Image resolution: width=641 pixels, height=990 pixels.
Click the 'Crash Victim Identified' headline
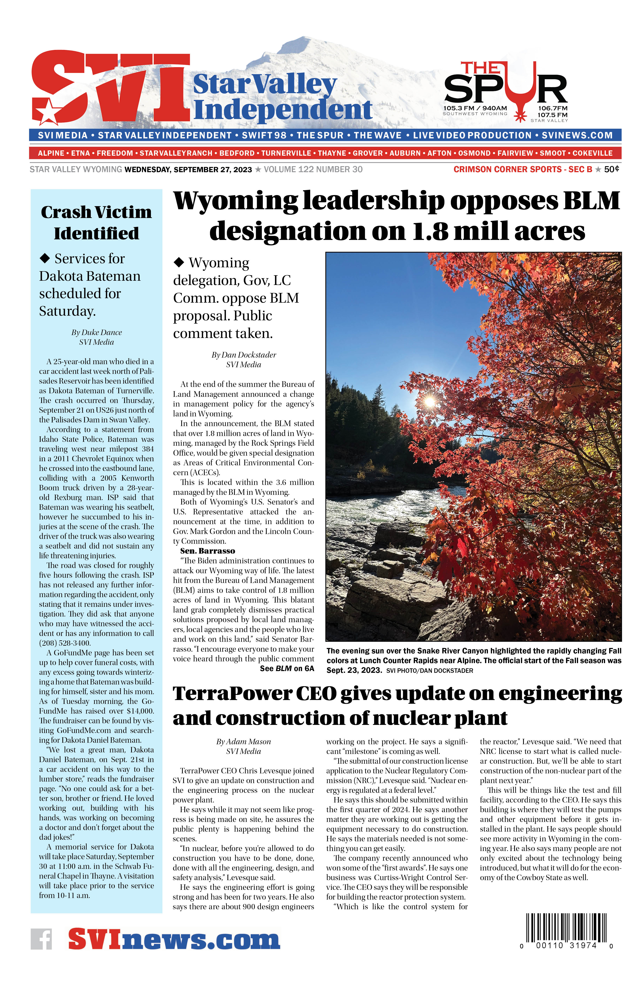pyautogui.click(x=96, y=222)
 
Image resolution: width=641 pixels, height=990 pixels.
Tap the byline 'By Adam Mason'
pyautogui.click(x=244, y=742)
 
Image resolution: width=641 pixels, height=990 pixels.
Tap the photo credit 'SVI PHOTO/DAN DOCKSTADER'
pyautogui.click(x=429, y=670)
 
